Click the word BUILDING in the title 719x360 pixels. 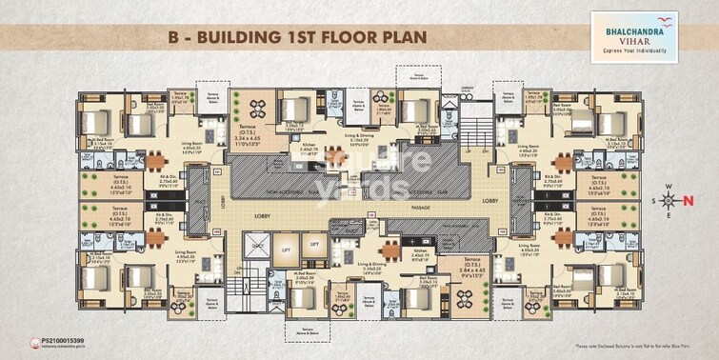pyautogui.click(x=247, y=37)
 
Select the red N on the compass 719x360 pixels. pyautogui.click(x=688, y=200)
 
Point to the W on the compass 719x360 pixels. pyautogui.click(x=669, y=186)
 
